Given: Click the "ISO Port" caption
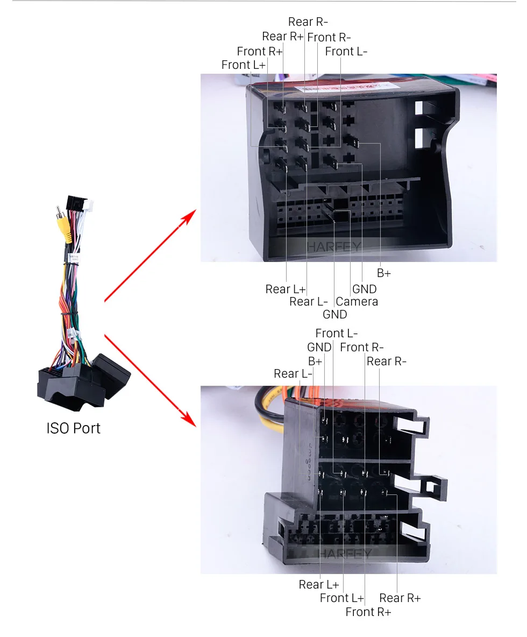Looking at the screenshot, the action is pos(73,428).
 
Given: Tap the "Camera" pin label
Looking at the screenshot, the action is pos(357,302).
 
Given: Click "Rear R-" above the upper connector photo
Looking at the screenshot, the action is pos(308,22).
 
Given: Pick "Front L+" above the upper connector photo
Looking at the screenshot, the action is pos(243,65).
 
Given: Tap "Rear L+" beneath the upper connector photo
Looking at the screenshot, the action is pos(285,289).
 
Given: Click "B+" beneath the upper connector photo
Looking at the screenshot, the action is pos(383,273).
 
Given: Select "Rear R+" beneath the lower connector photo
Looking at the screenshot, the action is pos(400,598).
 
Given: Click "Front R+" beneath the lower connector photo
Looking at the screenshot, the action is pos(368,612).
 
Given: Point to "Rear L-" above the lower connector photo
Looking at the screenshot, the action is pos(293,374).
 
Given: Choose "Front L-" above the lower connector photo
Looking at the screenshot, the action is pos(336,334).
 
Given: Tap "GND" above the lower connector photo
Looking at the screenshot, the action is pos(319,348).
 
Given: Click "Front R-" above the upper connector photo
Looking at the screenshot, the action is pos(329,38).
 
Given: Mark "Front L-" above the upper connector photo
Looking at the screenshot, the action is pos(346,52).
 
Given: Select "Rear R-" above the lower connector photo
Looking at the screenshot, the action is pos(386,362).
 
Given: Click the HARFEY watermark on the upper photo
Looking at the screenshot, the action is pos(334,247).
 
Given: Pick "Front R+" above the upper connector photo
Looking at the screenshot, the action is pos(259,52).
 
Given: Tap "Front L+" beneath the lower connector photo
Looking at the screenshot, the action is pos(341,598).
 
